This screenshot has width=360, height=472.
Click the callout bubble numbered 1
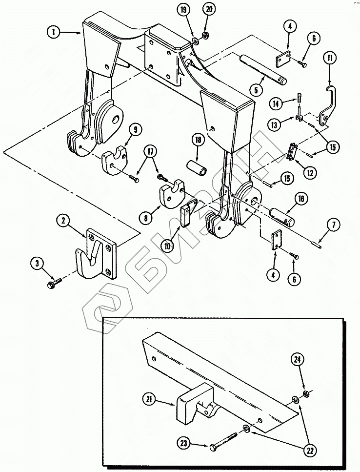coord(54,32)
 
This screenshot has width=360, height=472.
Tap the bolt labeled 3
coord(55,283)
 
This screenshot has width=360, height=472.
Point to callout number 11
coord(330,59)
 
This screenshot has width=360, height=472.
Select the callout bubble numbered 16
coord(301,199)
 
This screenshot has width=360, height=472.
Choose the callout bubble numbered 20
coord(209,9)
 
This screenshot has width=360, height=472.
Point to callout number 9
coord(135,130)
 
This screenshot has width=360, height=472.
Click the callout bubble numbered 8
coord(146,217)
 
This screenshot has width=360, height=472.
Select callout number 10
coord(167,246)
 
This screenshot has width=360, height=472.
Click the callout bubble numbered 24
coord(297,360)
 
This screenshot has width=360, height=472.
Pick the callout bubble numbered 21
coord(149,400)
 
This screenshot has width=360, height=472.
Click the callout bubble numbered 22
coord(310,451)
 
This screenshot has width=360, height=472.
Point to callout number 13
coord(274,124)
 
